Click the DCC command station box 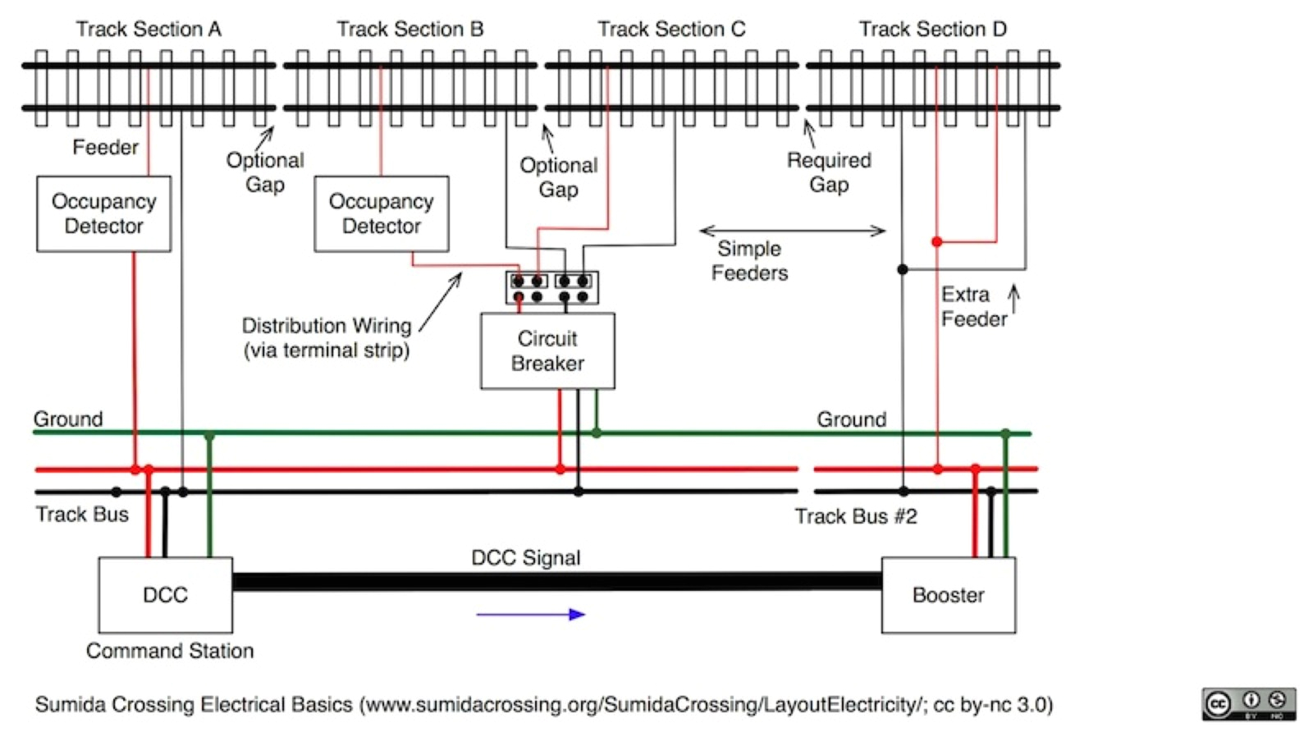click(x=165, y=595)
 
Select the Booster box click(x=948, y=595)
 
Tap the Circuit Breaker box click(x=547, y=350)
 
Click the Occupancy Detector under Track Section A click(x=103, y=213)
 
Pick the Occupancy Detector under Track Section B click(x=381, y=213)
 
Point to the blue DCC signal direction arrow click(x=530, y=614)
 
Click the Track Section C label click(x=671, y=30)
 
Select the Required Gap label click(x=829, y=172)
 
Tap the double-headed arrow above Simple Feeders click(x=792, y=231)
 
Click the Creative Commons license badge click(x=1248, y=704)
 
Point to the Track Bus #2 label click(x=855, y=516)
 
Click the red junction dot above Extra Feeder click(x=936, y=242)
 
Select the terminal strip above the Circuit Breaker click(x=551, y=288)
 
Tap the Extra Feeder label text click(x=973, y=306)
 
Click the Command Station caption click(x=170, y=651)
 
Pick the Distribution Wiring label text click(x=327, y=337)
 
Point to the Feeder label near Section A click(x=105, y=147)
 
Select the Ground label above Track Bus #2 click(x=851, y=419)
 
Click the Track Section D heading click(x=932, y=30)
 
